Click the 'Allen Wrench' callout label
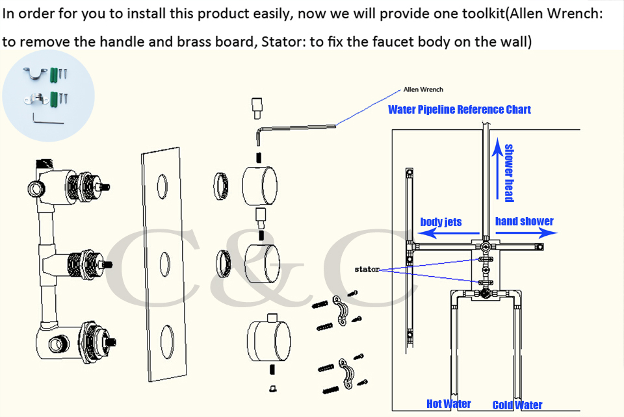pos(423,90)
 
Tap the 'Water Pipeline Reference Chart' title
pos(459,109)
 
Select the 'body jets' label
pos(441,221)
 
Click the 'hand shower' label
pos(524,221)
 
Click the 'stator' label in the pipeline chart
pos(367,268)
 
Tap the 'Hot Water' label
pos(448,404)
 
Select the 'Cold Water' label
pos(517,405)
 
